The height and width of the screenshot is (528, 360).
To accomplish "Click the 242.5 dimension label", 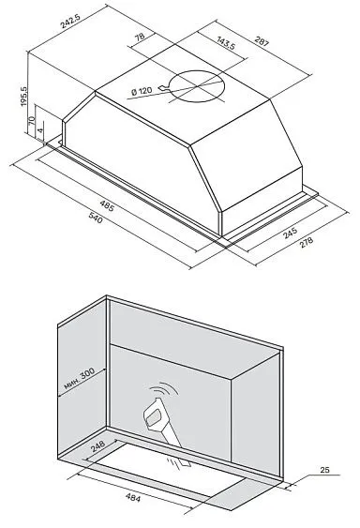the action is coord(70,22).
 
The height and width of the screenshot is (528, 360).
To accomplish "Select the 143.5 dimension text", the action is coord(226,43).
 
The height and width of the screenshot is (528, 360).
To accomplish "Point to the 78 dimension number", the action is coord(140,37).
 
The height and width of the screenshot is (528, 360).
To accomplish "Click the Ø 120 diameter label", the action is coord(142,91).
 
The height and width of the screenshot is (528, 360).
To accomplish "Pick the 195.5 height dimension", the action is coord(24,96).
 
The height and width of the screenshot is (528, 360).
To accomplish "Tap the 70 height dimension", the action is coord(31,119).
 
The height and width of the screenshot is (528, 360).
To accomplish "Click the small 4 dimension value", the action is coord(40,129).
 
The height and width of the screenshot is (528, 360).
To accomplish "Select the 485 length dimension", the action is coord(107,205).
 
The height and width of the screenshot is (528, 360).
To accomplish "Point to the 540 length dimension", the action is coord(96,218).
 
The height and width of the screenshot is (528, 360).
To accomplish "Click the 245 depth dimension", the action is coord(291,233).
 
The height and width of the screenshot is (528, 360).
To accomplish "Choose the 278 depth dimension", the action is coord(307,243).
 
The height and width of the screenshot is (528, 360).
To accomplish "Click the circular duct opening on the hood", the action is coord(196,86).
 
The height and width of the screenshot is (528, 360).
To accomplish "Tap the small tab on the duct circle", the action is coord(164,88).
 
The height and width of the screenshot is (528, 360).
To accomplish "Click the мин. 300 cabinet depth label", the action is coord(80,379).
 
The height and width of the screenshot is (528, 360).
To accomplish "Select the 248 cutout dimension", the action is coord(97,446).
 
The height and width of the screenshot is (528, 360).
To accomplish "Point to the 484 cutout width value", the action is coord(133,497).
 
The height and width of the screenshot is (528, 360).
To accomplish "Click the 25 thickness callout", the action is coord(324,470).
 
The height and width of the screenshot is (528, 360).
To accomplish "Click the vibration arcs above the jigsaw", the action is coord(164,389).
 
